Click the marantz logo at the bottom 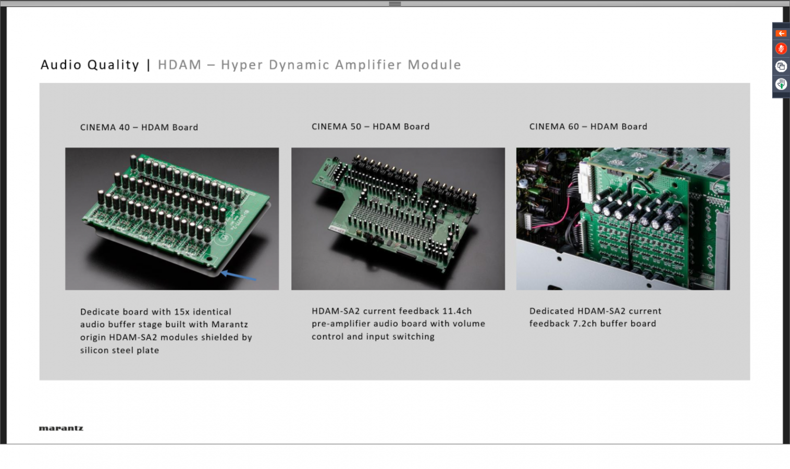61,428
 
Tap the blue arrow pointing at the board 239,276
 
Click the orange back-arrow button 781,33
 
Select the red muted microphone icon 781,48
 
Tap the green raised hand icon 781,84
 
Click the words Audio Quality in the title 90,65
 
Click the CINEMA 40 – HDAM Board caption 139,127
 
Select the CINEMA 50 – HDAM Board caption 371,127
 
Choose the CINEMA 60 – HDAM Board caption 588,127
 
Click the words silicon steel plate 119,350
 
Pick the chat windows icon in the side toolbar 781,66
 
